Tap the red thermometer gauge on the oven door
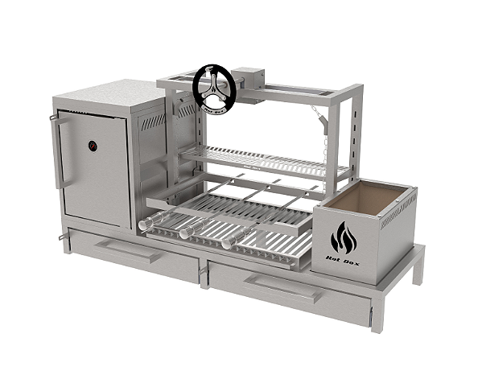pos(93,147)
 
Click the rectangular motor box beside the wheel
pos(249,79)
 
